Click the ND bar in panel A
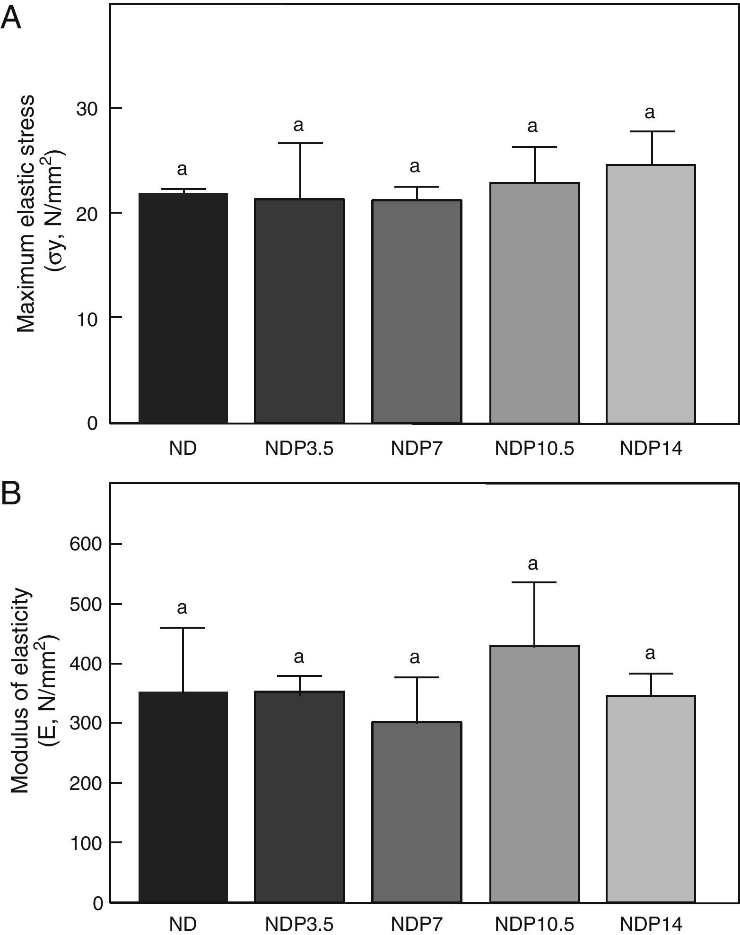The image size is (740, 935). [183, 308]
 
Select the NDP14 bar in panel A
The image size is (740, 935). [651, 294]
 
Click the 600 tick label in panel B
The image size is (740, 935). [86, 545]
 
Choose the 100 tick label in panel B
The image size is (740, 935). [86, 843]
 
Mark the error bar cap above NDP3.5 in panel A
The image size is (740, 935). [299, 143]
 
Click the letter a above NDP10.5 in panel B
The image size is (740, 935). [533, 564]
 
